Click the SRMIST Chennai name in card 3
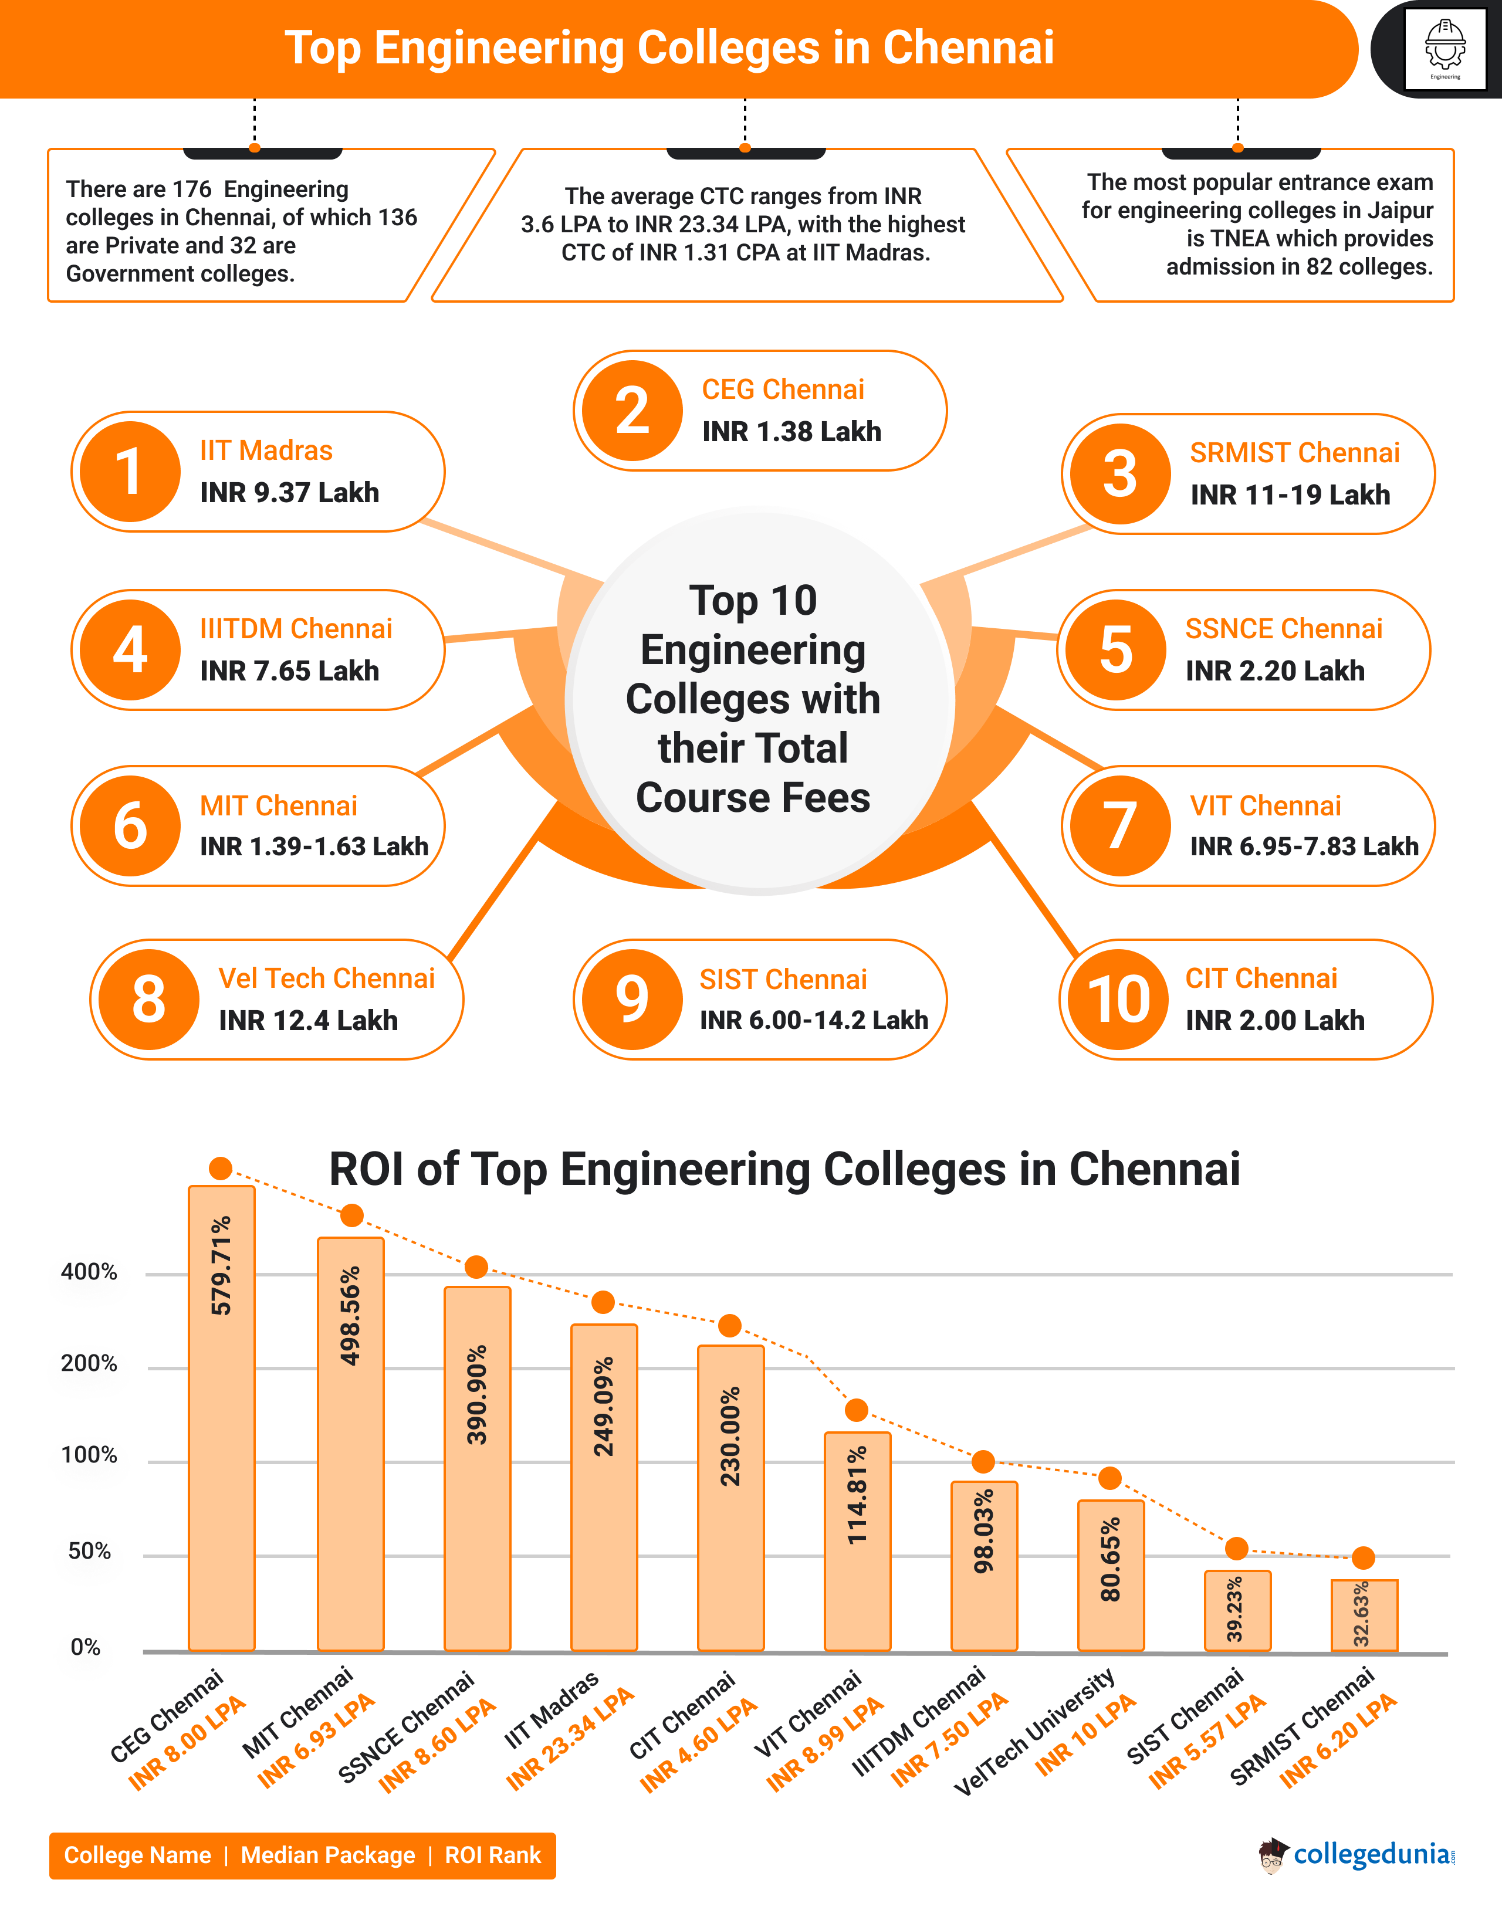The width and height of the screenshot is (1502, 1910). (1294, 453)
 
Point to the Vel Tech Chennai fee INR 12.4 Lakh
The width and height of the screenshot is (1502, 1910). (308, 1020)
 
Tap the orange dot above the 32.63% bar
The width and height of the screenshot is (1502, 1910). (1363, 1557)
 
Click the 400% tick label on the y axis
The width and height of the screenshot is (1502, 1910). (89, 1272)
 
